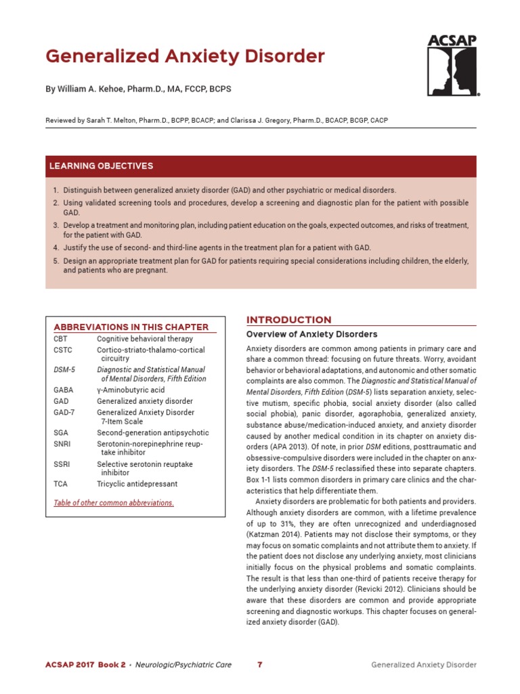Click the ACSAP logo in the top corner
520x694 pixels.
452,66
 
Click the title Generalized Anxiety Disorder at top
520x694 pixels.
185,56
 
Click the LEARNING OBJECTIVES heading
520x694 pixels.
101,166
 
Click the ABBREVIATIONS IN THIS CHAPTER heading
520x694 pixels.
131,327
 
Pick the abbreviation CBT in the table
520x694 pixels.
60,339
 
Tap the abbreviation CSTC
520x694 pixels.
62,350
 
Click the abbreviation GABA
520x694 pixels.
63,391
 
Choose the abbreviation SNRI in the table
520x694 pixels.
62,444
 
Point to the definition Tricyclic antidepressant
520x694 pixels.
137,485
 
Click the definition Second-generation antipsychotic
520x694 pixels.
153,432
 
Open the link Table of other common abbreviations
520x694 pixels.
114,503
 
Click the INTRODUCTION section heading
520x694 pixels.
288,320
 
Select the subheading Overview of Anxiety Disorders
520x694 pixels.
311,335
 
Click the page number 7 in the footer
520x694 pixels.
260,665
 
